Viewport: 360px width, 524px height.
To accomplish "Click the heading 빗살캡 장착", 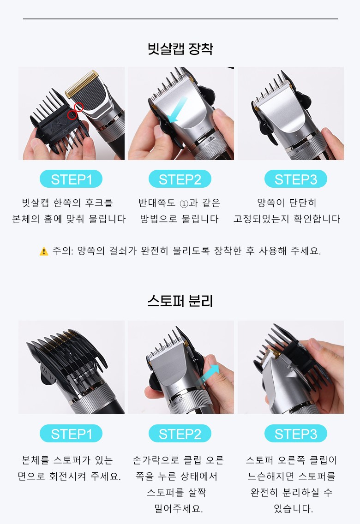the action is pos(180,49).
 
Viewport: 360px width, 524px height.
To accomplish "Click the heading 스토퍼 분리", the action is pos(180,301).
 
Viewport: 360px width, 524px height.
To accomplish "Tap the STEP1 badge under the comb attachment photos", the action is pos(71,179).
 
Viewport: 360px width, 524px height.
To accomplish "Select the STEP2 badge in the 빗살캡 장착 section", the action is pos(180,179).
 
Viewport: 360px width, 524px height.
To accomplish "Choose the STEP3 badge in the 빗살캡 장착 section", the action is pos(295,179).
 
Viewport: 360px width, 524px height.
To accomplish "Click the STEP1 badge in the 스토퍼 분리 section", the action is pos(71,434).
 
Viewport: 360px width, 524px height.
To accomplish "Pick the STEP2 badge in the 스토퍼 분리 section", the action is pos(180,434).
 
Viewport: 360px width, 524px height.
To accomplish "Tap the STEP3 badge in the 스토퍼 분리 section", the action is pos(295,434).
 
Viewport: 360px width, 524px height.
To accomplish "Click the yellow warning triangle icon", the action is pos(44,251).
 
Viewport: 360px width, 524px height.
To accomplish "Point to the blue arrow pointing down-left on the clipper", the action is pos(178,110).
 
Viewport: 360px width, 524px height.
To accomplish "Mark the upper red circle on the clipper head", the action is pos(78,107).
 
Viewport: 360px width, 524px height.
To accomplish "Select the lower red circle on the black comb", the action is pos(72,115).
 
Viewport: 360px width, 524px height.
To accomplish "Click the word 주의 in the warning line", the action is pos(62,250).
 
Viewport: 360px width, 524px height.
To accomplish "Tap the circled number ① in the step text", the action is pos(184,203).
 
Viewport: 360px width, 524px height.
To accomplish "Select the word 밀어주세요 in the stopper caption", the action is pos(178,509).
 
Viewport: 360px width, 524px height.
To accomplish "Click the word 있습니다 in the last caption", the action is pos(293,509).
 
